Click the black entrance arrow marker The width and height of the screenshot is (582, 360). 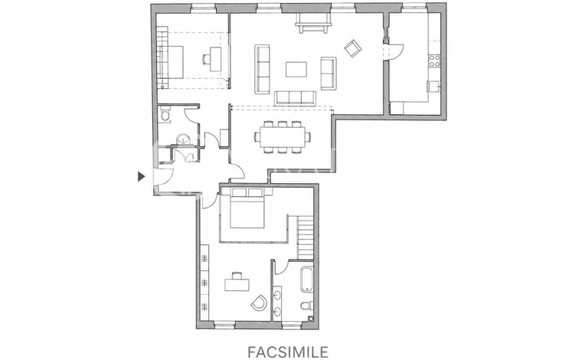tap(141, 177)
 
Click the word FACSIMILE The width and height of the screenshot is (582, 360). tap(288, 352)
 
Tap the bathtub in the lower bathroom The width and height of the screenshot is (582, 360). tap(307, 279)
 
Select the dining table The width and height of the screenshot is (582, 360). tap(283, 137)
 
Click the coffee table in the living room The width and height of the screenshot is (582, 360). tap(296, 70)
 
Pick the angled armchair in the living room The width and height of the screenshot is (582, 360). tap(352, 48)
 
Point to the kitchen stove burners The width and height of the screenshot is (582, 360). tap(435, 61)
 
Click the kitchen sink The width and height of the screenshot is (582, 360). tap(434, 86)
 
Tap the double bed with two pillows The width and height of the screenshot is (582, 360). tap(247, 208)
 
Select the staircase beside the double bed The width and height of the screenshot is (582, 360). tap(306, 238)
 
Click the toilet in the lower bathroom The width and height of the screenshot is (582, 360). tap(306, 306)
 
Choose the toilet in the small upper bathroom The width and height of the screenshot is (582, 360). tap(165, 114)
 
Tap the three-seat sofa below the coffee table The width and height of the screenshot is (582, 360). tap(295, 98)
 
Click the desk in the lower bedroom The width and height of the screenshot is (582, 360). tap(237, 285)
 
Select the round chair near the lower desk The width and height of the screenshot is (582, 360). tap(259, 303)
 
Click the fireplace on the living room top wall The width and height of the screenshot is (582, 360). tap(312, 24)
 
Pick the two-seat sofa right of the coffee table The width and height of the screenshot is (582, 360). tap(329, 74)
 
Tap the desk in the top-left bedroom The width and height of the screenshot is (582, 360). tap(216, 59)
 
